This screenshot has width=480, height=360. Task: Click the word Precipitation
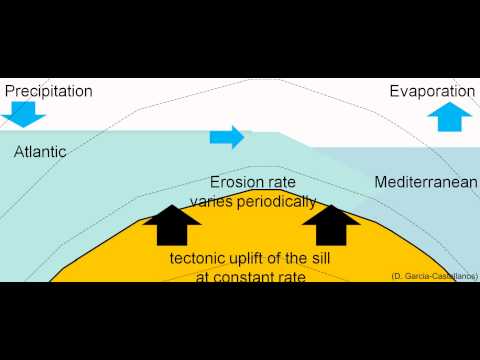pyautogui.click(x=48, y=91)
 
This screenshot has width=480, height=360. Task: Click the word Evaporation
pyautogui.click(x=432, y=91)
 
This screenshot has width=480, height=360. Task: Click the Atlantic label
pyautogui.click(x=40, y=153)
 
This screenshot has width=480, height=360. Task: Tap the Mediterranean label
pyautogui.click(x=423, y=182)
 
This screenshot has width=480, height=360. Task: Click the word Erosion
pyautogui.click(x=237, y=183)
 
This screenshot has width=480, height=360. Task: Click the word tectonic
pyautogui.click(x=199, y=258)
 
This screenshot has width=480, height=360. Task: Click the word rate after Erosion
pyautogui.click(x=286, y=183)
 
